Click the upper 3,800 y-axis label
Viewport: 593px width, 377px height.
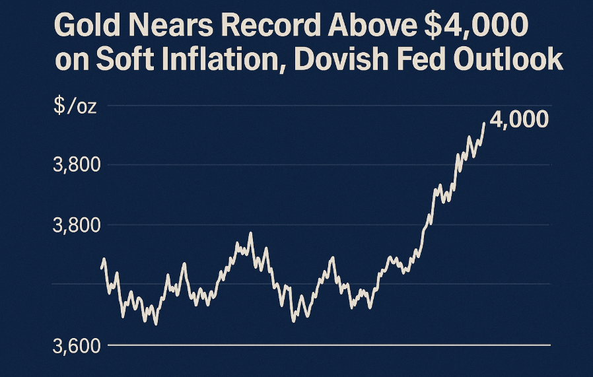click(x=75, y=164)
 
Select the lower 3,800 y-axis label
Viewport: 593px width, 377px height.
click(x=75, y=225)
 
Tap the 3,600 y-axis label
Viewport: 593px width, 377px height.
click(x=75, y=345)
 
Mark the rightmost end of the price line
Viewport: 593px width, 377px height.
click(x=484, y=123)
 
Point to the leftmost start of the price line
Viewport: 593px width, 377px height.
click(x=102, y=267)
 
